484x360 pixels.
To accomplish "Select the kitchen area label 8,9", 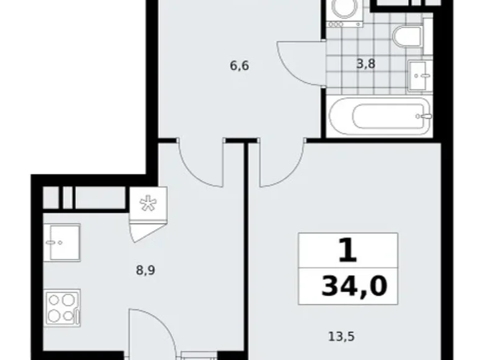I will tap(145, 270).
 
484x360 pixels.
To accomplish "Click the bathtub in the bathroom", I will tap(379, 117).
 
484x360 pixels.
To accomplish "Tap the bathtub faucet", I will tap(425, 116).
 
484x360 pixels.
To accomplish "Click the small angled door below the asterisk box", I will tap(146, 229).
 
